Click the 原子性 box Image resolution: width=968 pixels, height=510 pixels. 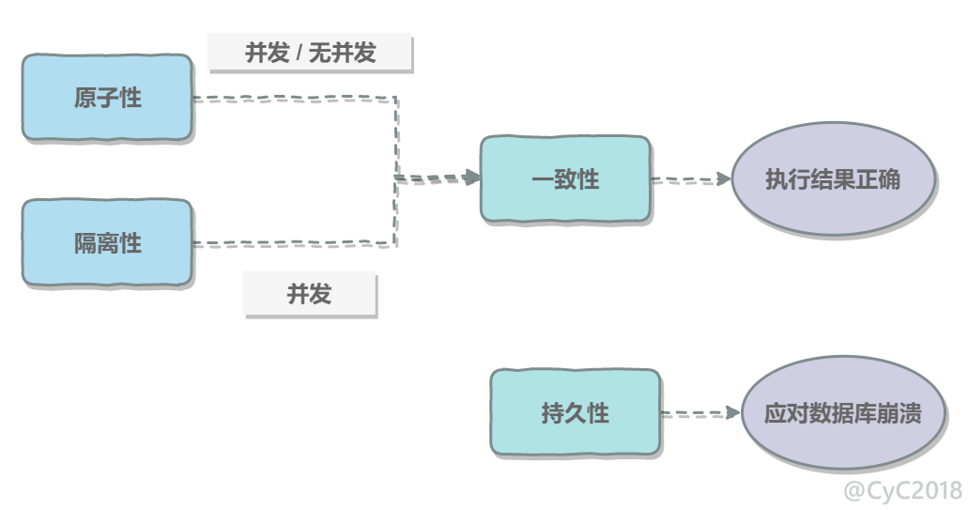(x=107, y=98)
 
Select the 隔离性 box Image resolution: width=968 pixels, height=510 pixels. (x=107, y=242)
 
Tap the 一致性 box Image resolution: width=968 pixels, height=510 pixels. (x=565, y=179)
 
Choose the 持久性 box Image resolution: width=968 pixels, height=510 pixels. (x=576, y=412)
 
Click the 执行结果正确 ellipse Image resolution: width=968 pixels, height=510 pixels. (x=833, y=179)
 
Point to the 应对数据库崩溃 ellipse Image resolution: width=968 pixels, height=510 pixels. (x=843, y=412)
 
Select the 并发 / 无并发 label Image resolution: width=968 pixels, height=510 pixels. (x=310, y=53)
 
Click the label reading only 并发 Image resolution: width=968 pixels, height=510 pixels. (x=309, y=293)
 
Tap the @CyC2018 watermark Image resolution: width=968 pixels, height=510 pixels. (x=902, y=491)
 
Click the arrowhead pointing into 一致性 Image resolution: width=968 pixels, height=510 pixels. (x=472, y=178)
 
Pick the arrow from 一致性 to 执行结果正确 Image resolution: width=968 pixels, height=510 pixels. (x=691, y=179)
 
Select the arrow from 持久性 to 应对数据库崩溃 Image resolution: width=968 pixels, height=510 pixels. (x=700, y=413)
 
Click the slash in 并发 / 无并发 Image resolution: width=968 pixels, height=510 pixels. (x=299, y=54)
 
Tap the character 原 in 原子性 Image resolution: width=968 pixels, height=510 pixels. (x=85, y=98)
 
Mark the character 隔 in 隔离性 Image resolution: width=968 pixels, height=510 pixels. (x=85, y=243)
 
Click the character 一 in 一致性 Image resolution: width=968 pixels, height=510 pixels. (x=543, y=179)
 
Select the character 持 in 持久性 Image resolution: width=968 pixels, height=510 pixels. (x=552, y=413)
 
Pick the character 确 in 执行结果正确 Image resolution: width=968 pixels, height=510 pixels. (x=889, y=179)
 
